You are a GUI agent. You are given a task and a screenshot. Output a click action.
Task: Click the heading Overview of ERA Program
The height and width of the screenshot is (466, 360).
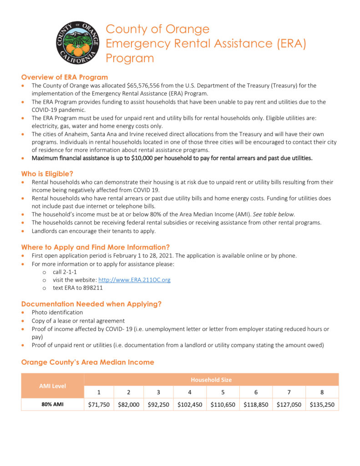pyautogui.click(x=64, y=77)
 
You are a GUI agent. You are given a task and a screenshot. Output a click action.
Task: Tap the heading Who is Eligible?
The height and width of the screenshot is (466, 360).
pyautogui.click(x=47, y=173)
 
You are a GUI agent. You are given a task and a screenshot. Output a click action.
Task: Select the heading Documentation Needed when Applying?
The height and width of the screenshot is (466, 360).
pyautogui.click(x=91, y=304)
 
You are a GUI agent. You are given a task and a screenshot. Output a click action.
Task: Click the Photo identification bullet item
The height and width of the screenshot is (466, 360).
pyautogui.click(x=57, y=313)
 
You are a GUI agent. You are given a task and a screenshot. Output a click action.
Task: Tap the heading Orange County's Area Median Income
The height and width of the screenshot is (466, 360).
pyautogui.click(x=87, y=362)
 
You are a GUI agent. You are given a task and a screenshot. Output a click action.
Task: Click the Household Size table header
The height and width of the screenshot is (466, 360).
pyautogui.click(x=211, y=380)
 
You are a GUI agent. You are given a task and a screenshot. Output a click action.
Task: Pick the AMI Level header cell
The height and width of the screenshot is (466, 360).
pyautogui.click(x=52, y=386)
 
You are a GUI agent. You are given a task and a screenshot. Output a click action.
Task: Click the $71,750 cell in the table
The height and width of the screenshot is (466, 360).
pyautogui.click(x=99, y=405)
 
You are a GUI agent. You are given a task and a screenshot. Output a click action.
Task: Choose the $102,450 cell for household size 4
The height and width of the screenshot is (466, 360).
pyautogui.click(x=190, y=405)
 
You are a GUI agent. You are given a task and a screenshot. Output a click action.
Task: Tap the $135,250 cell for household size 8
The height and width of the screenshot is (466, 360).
pyautogui.click(x=322, y=405)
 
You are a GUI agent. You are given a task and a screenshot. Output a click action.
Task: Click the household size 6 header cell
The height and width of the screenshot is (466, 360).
pyautogui.click(x=256, y=392)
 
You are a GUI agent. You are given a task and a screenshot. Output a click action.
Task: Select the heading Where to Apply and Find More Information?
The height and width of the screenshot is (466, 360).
pyautogui.click(x=95, y=247)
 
